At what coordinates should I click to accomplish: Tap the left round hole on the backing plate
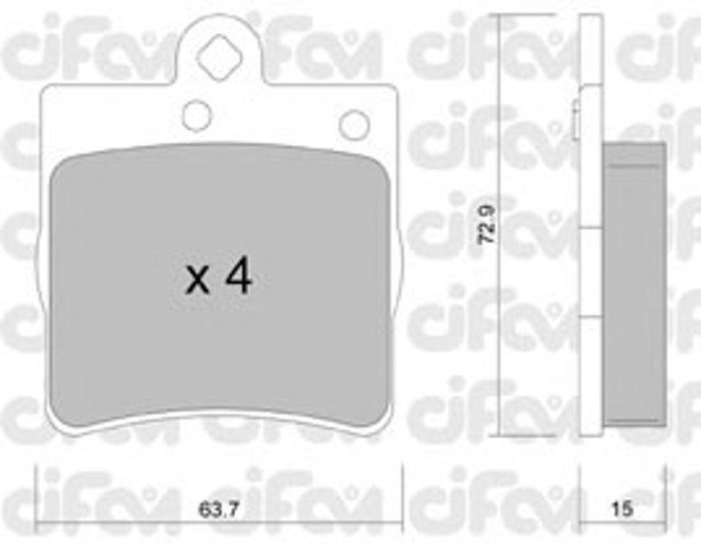(197, 116)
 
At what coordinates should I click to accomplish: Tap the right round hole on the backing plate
(354, 124)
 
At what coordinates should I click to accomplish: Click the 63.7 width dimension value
(219, 509)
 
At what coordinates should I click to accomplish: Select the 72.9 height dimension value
(487, 224)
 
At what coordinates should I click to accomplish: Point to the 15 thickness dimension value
(622, 509)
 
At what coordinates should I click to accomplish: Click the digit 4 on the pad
(239, 277)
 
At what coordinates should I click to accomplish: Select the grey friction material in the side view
(635, 284)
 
